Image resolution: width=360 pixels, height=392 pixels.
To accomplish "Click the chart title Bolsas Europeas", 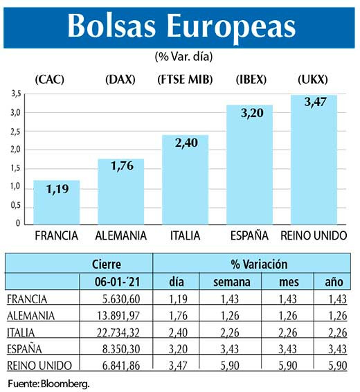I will point(181,26).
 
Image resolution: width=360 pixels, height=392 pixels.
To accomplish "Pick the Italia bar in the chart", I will point(185,179).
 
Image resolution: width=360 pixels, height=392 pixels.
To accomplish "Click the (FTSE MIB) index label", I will point(185,79).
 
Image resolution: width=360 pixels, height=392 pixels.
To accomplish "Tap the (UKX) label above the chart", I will point(313,79).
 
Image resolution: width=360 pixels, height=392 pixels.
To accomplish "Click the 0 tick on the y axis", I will point(18,224).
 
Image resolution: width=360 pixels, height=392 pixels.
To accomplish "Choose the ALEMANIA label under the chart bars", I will point(121,235).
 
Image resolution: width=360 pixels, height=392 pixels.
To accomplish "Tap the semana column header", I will point(228,281).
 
